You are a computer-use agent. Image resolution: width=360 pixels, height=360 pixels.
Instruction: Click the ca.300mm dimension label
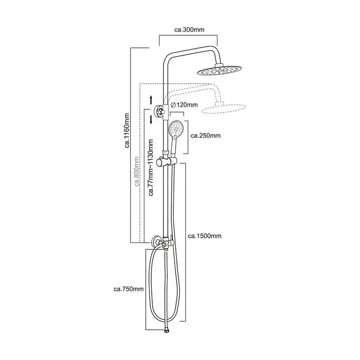point(189,30)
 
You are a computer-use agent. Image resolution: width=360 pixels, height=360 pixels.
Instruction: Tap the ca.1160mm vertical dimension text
point(127,130)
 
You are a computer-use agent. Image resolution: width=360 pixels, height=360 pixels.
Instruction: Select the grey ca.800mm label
point(137,171)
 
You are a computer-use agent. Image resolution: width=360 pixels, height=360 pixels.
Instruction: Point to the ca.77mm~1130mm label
point(151,167)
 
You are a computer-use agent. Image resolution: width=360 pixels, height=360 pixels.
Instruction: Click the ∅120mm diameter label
point(184,105)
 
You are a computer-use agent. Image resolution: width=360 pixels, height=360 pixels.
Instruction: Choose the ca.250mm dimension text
point(206,136)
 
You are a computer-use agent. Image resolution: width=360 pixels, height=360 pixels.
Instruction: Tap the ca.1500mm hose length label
point(205,236)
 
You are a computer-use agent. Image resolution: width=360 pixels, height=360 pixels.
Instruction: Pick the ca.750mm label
point(129,289)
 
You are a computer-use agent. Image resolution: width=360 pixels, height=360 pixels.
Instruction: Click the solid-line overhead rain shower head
point(220,70)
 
